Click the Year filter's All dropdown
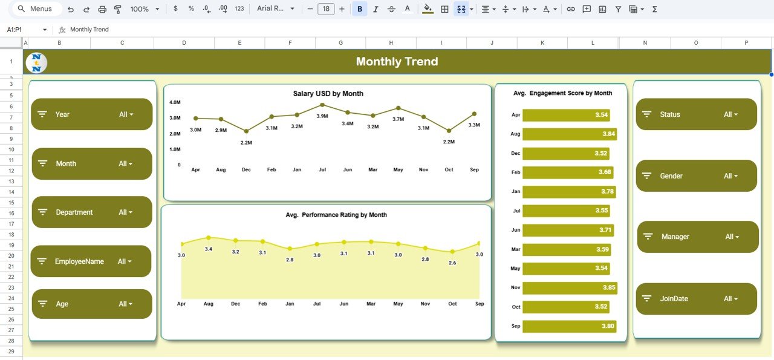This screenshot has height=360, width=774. tap(126, 114)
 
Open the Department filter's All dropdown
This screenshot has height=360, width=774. tap(125, 212)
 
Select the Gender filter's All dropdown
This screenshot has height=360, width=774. tap(730, 176)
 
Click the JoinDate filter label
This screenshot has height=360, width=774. tap(674, 299)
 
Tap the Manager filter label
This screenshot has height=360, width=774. tap(675, 237)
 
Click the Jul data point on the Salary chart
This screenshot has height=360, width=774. tap(322, 105)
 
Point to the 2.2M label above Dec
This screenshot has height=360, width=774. tap(246, 143)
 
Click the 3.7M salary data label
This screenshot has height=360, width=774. tap(398, 119)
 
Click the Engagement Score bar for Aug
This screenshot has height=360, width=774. tap(569, 134)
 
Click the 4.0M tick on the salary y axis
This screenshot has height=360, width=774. tap(175, 102)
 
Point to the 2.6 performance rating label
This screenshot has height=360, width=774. tap(452, 263)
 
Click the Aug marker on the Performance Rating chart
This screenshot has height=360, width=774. tap(209, 238)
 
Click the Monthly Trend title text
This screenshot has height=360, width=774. tap(397, 62)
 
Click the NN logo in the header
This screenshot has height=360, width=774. tap(36, 62)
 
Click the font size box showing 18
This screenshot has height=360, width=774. tap(326, 9)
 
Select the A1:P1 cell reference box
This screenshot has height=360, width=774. tap(24, 30)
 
